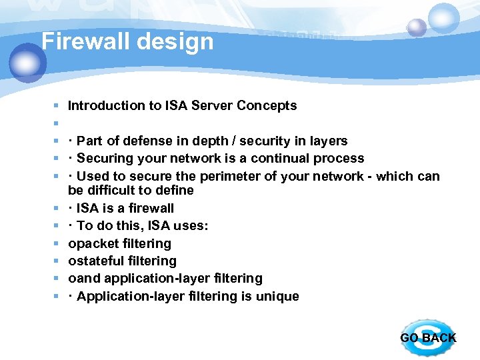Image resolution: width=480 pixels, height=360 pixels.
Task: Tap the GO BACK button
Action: [x=427, y=337]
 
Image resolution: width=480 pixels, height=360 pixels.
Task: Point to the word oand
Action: [x=82, y=278]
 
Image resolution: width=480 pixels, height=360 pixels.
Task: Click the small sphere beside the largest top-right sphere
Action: [x=417, y=27]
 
